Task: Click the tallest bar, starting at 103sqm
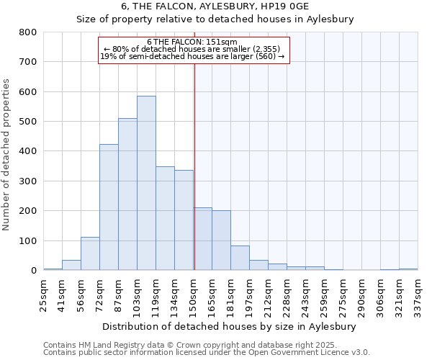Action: point(146,183)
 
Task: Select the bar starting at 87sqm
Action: point(127,194)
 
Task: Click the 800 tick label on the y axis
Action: point(28,32)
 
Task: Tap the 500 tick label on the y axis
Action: point(28,122)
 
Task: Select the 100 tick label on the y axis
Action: point(28,240)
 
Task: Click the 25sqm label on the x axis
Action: point(43,295)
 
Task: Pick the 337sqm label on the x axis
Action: point(418,295)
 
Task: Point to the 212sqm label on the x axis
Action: point(268,295)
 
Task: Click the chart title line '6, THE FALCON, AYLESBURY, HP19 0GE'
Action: point(215,6)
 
